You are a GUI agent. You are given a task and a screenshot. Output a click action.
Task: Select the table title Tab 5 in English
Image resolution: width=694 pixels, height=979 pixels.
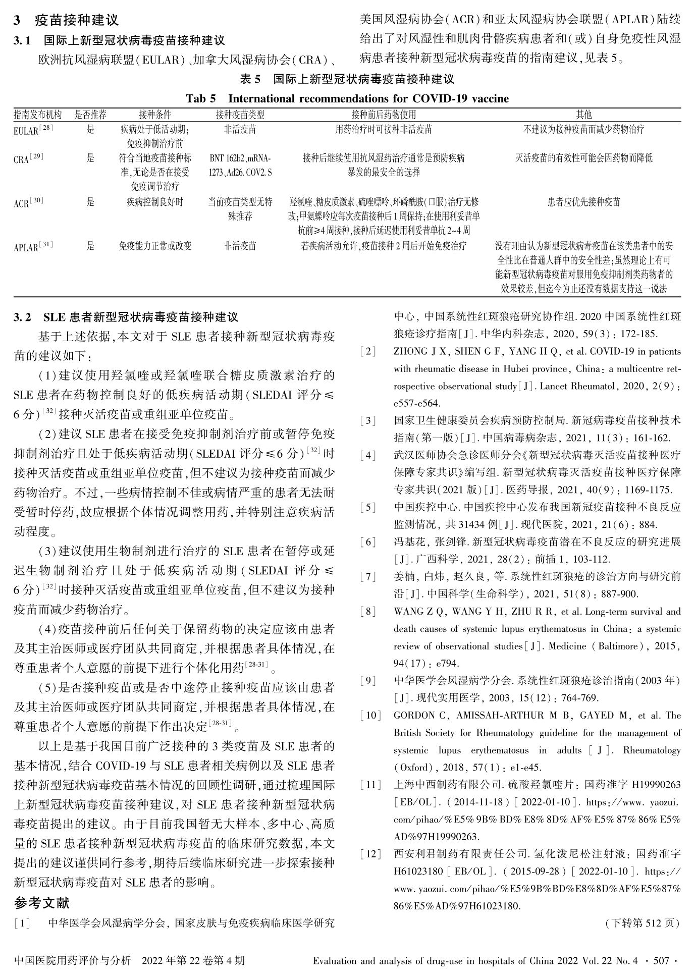(347, 98)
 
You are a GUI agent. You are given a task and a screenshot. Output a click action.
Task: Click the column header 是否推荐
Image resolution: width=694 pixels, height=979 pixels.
(90, 115)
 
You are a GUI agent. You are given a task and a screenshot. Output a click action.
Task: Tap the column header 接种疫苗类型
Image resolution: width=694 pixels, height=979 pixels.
(240, 115)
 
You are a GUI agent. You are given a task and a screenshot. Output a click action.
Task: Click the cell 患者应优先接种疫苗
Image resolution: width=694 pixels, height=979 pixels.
(583, 202)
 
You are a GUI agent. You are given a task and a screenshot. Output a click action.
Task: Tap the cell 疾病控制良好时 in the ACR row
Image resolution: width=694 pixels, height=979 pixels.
(154, 202)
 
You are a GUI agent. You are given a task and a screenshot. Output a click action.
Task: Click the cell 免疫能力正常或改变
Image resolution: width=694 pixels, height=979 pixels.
(154, 246)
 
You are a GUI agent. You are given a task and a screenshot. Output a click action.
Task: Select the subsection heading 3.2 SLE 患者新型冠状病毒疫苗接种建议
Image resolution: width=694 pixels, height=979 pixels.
(126, 317)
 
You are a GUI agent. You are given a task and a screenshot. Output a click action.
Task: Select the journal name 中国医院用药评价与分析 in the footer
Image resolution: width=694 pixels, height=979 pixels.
(73, 960)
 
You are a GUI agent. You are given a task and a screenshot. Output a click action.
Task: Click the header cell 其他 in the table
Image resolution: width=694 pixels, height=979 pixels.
(583, 115)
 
